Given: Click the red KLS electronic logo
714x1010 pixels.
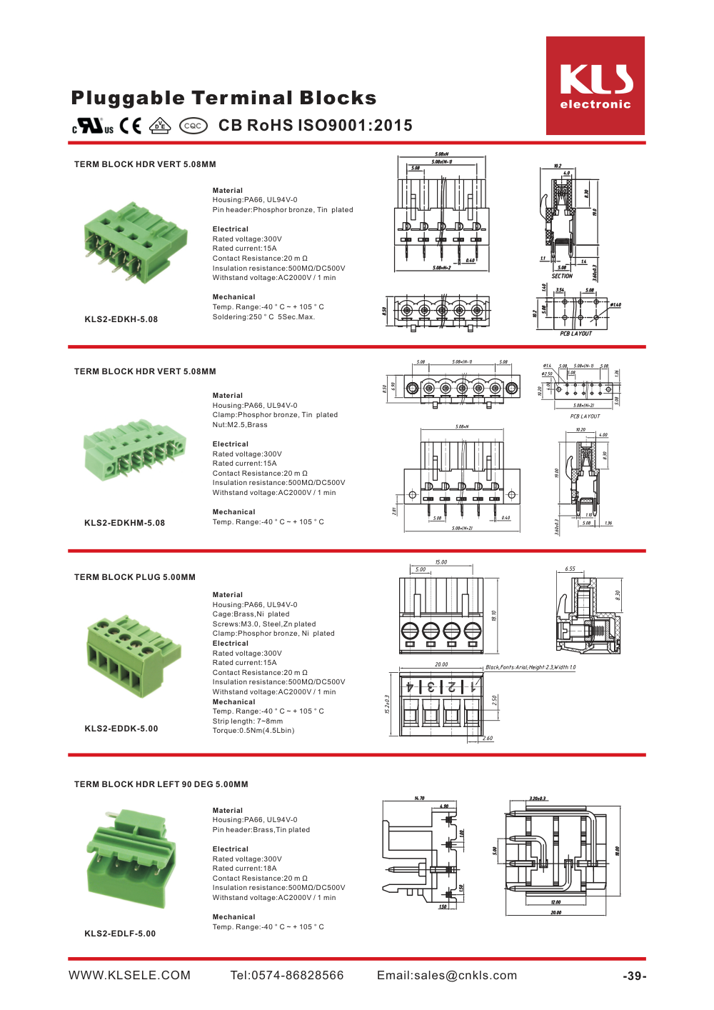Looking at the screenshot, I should click(595, 86).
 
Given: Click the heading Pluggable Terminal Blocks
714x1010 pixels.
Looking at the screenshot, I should click(223, 98).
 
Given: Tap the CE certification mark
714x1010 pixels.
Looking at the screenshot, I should click(130, 126).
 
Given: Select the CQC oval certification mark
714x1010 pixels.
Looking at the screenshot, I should click(193, 126).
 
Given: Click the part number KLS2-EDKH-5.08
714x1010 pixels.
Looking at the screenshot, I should click(121, 319).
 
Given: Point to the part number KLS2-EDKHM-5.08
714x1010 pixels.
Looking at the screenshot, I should click(124, 523).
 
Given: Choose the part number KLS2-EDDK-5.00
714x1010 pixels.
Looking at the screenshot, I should click(121, 729).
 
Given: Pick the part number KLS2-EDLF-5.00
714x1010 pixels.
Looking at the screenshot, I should click(120, 934).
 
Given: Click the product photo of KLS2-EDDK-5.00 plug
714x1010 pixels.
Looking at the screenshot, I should click(134, 656).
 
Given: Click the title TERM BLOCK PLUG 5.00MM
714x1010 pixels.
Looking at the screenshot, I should click(134, 577).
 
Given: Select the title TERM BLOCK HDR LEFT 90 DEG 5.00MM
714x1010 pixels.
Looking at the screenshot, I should click(161, 784).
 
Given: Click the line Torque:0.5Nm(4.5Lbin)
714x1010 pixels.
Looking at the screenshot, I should click(253, 731).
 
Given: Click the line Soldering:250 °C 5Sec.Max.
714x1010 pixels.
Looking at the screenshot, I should click(263, 317).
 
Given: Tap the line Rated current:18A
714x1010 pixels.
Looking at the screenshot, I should click(244, 869).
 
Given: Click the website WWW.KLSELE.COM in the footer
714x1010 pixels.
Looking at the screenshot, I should click(129, 976).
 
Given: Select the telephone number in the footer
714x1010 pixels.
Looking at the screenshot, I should click(286, 976).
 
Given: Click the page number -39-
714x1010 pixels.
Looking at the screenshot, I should click(634, 976).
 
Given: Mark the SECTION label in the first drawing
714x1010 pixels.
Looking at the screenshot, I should click(562, 276).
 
